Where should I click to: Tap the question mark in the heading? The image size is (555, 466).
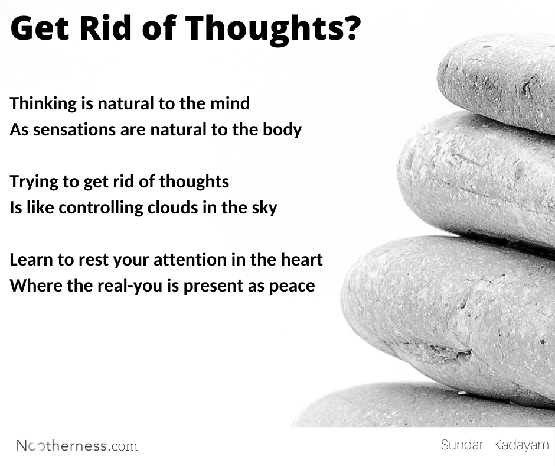pos(349,28)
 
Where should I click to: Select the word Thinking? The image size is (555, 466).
pos(44,104)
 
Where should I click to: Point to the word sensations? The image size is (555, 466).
pos(70,130)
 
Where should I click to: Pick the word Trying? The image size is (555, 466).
pos(32,182)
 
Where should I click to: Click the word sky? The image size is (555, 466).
pos(263,208)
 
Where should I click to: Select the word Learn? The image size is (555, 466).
pos(30,260)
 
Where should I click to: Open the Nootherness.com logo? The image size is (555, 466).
pos(77,445)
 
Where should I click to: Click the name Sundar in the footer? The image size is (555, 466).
pos(461,445)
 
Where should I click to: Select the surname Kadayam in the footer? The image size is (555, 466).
pos(521,445)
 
